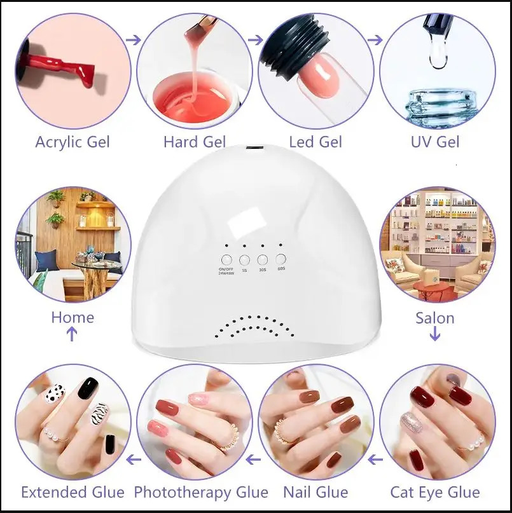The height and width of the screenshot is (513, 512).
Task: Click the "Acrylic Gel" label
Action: coord(73,141)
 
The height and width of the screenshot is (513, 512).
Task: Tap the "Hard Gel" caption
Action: coord(195,141)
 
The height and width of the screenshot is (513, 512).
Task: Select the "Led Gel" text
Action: coord(315,141)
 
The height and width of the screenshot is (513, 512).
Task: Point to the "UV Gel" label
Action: coord(436,141)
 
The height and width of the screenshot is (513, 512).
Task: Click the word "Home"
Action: coord(73,317)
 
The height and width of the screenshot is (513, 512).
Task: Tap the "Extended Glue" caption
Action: coord(73,492)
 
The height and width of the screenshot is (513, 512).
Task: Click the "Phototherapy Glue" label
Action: coord(201,492)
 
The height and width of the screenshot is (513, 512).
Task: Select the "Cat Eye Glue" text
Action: coord(435,492)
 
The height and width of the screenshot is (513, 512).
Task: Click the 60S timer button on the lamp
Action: coord(281,259)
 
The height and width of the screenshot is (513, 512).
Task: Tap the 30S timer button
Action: coord(262,259)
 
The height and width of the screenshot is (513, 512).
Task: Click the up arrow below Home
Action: coord(72,334)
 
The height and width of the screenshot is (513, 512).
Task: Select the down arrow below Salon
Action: coord(435,334)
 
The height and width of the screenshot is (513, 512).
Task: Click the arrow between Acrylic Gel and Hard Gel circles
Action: coord(134,40)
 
